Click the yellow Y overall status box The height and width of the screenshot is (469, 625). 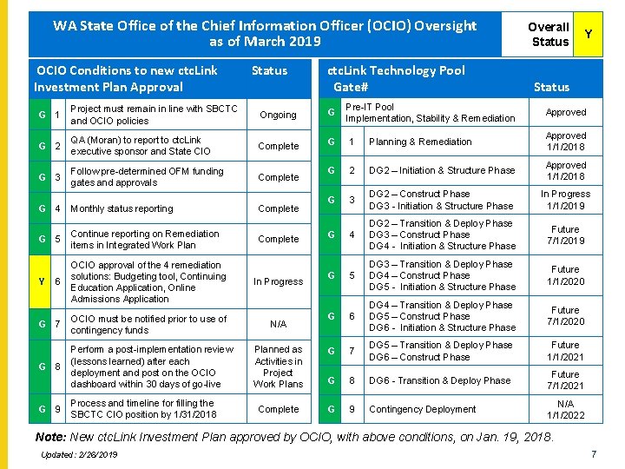point(589,34)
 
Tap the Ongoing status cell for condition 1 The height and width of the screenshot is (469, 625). point(278,115)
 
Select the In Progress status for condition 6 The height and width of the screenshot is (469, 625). point(278,281)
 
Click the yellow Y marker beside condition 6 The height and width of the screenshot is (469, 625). point(42,281)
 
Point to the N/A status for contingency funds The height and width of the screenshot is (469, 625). point(278,324)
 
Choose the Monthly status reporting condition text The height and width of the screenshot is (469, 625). point(122,208)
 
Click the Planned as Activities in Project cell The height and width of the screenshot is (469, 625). point(278,367)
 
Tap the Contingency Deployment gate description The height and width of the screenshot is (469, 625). point(423,409)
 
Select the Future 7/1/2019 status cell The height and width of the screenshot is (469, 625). point(565,234)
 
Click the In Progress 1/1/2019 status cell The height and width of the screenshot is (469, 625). point(565,200)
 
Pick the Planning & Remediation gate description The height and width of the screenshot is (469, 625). point(420,142)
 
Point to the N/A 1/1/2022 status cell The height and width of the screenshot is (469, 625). point(565,409)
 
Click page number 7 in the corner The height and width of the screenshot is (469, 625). point(593,455)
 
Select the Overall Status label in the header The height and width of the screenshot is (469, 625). point(549,34)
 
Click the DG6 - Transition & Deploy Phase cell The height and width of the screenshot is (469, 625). point(440,380)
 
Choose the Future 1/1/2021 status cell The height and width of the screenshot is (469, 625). point(565,351)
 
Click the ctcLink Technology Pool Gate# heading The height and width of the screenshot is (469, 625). point(395,78)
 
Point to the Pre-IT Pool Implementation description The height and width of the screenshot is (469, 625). point(431,112)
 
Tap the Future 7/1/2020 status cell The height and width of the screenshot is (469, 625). point(565,316)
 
